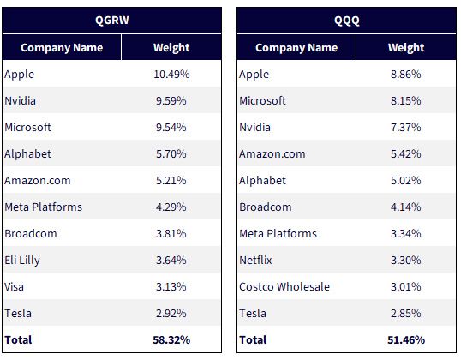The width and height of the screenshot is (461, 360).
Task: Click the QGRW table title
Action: pyautogui.click(x=112, y=21)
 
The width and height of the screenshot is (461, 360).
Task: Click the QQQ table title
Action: pyautogui.click(x=347, y=21)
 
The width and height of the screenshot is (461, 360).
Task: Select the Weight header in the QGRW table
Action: pyautogui.click(x=171, y=48)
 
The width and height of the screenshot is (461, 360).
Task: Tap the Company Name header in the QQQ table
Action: pyautogui.click(x=296, y=48)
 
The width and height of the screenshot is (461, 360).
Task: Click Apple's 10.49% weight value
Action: pyautogui.click(x=171, y=74)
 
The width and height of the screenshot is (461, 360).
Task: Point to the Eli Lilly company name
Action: pyautogui.click(x=22, y=261)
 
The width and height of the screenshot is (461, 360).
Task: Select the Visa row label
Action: pyautogui.click(x=14, y=286)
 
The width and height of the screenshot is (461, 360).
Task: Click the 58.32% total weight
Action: pyautogui.click(x=171, y=339)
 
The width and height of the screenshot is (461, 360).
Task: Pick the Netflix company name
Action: pyautogui.click(x=255, y=260)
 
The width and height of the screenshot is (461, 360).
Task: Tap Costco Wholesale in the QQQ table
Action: pyautogui.click(x=284, y=286)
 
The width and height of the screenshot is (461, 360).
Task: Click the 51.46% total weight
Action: pyautogui.click(x=406, y=339)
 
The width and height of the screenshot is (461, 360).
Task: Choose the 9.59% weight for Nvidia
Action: pyautogui.click(x=171, y=101)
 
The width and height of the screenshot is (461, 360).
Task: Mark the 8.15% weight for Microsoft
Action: pyautogui.click(x=405, y=101)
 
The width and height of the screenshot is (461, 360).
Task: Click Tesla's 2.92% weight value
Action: pyautogui.click(x=171, y=313)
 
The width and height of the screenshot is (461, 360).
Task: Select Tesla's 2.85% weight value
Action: pyautogui.click(x=405, y=313)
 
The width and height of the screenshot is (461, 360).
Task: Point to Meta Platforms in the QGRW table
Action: pyautogui.click(x=43, y=207)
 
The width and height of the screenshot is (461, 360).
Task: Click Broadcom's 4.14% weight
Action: pyautogui.click(x=405, y=207)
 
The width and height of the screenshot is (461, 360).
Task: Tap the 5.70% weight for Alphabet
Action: pyautogui.click(x=171, y=153)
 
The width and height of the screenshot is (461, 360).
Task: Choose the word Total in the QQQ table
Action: pyautogui.click(x=253, y=339)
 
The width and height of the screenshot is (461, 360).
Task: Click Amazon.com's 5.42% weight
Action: pyautogui.click(x=405, y=153)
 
